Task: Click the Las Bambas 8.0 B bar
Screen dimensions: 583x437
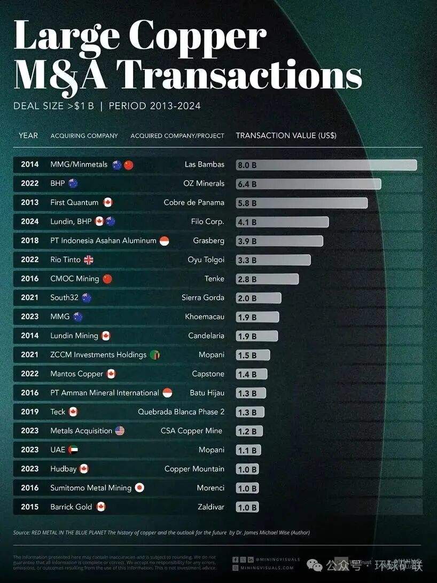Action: coord(326,165)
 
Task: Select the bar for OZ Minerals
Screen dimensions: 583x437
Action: coord(308,184)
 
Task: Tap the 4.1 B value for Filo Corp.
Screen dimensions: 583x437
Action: coord(247,222)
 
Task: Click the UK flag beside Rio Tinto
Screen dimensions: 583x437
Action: coord(88,260)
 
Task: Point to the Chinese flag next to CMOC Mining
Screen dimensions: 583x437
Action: coord(107,279)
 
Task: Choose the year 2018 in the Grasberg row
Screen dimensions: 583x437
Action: coord(30,241)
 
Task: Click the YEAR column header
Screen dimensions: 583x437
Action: coord(28,136)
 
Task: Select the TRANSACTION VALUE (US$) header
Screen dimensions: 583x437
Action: coord(286,136)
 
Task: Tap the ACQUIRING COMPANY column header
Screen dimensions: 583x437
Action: coord(84,136)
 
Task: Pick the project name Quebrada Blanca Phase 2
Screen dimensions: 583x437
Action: coord(181,412)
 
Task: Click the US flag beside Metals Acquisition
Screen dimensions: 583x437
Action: coord(120,431)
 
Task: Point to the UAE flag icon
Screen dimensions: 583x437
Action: coord(73,450)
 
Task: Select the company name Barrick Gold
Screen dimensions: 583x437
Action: coord(71,507)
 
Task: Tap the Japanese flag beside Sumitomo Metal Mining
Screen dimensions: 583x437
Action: coord(139,487)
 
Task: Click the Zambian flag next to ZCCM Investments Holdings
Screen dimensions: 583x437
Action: coord(155,355)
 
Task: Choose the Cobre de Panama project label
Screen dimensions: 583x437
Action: coord(194,203)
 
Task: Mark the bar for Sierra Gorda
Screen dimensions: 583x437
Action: coord(259,298)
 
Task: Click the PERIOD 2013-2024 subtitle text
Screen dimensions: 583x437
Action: coord(154,106)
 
